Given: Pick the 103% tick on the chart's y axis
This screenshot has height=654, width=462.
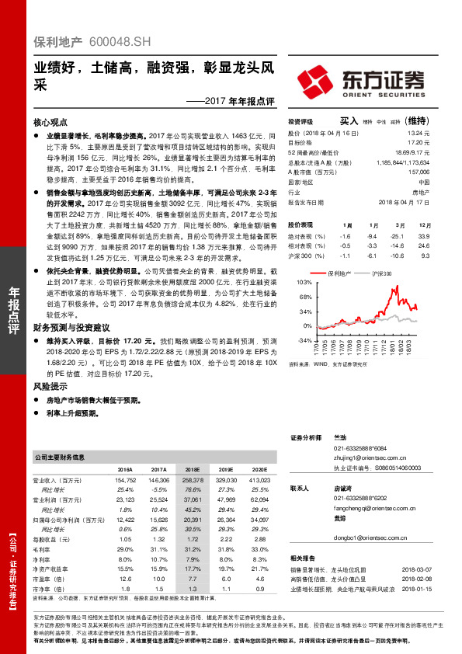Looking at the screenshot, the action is click(x=304, y=284).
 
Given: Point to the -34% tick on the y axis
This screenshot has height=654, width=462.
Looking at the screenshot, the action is click(x=304, y=339).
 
